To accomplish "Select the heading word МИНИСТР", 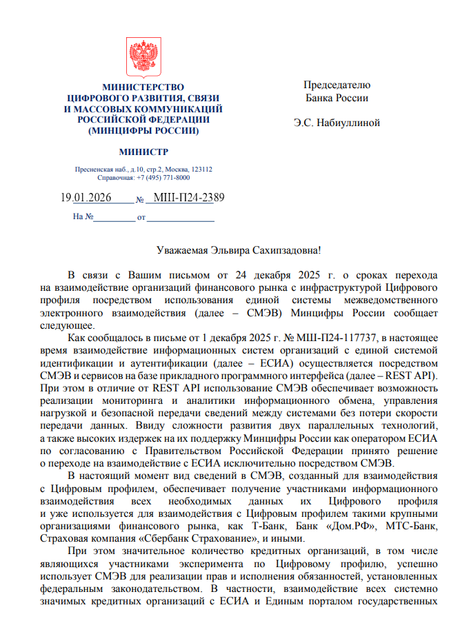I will (143, 152).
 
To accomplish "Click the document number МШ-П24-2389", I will (188, 198).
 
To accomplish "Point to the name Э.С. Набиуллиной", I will (337, 123).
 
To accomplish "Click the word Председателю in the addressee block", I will (337, 85).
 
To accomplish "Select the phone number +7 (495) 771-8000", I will (163, 177).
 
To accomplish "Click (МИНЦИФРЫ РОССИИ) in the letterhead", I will (143, 130).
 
